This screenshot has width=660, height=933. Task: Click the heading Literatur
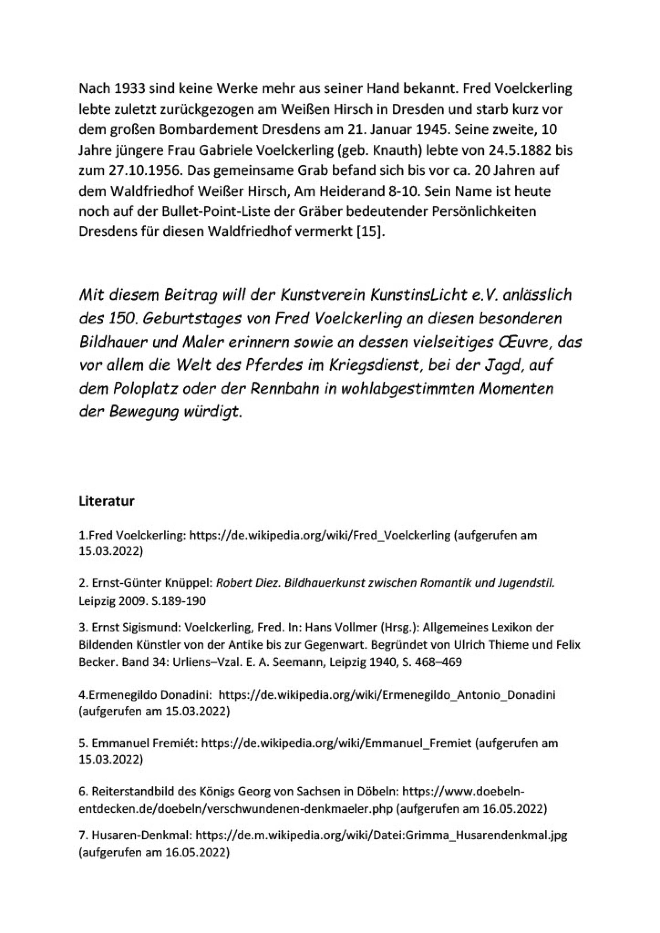(x=107, y=501)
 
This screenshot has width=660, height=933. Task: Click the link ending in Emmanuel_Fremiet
(x=337, y=743)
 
